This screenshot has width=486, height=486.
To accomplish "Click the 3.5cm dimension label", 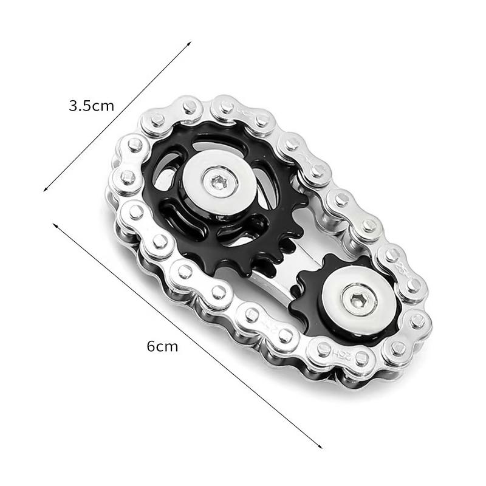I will pyautogui.click(x=91, y=106).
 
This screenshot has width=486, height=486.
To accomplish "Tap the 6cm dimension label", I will pyautogui.click(x=162, y=347).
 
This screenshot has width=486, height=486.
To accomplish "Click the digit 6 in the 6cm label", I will pyautogui.click(x=151, y=347).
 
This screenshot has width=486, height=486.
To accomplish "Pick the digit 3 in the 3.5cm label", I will pyautogui.click(x=74, y=106).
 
